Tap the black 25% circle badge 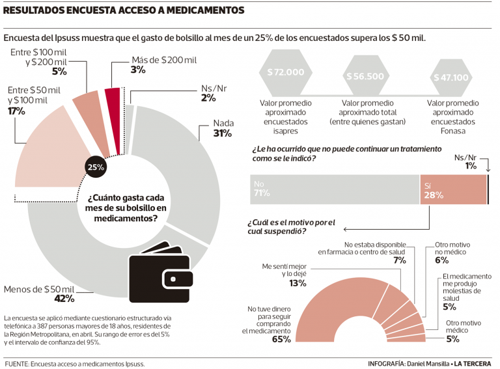point(96,167)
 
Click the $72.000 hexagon point(285,73)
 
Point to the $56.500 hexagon point(366,76)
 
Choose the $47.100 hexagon point(450,77)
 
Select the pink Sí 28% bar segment point(453,189)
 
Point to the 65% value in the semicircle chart point(281,340)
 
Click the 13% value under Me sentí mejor point(298,284)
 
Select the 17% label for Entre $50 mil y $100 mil point(16,111)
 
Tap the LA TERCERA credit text point(473,362)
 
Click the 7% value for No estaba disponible point(399,260)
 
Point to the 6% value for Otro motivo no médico point(442,260)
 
